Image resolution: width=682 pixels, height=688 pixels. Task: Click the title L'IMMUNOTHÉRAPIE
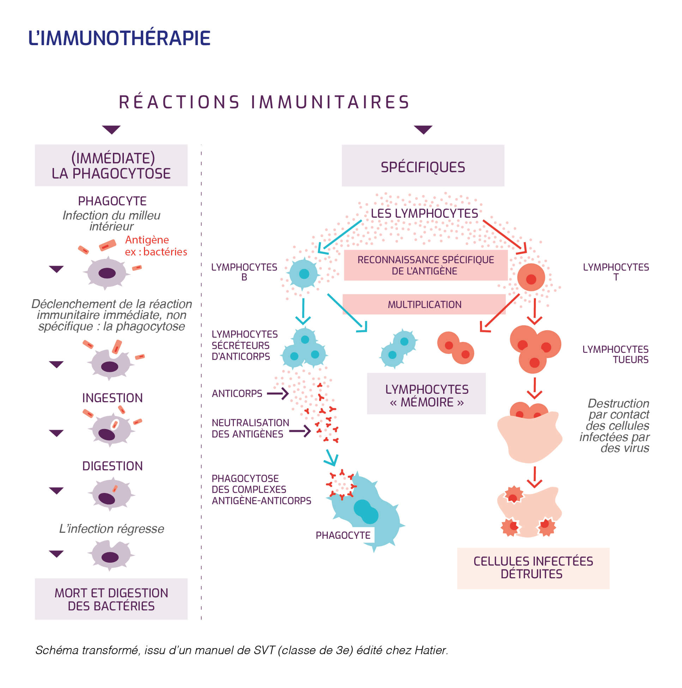coord(119,38)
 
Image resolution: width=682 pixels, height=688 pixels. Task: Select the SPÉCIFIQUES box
coord(422,165)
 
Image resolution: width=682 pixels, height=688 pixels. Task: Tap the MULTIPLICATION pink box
coord(424,304)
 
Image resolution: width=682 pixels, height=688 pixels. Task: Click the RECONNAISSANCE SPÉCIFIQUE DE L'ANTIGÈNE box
coord(425,265)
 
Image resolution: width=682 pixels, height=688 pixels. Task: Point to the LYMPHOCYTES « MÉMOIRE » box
coord(426,393)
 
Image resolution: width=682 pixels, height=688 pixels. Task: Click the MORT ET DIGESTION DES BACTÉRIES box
coord(111,599)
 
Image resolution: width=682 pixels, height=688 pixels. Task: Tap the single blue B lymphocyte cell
coord(303,274)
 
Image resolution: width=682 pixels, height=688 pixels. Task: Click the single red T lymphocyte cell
coord(531,277)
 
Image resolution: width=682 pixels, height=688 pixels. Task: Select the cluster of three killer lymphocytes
coord(535,348)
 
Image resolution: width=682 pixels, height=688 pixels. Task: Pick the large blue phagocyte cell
coord(370,513)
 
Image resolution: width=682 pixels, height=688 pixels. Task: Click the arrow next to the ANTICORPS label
coord(278,393)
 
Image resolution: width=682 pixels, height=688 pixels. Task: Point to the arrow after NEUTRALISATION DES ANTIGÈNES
coord(300,431)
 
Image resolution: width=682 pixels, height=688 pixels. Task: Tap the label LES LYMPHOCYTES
coord(424,213)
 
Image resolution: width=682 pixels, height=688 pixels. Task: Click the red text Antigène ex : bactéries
coord(156,246)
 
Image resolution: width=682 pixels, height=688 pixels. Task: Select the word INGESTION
coord(112,398)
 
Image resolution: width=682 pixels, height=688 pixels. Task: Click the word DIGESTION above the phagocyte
coord(112,466)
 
